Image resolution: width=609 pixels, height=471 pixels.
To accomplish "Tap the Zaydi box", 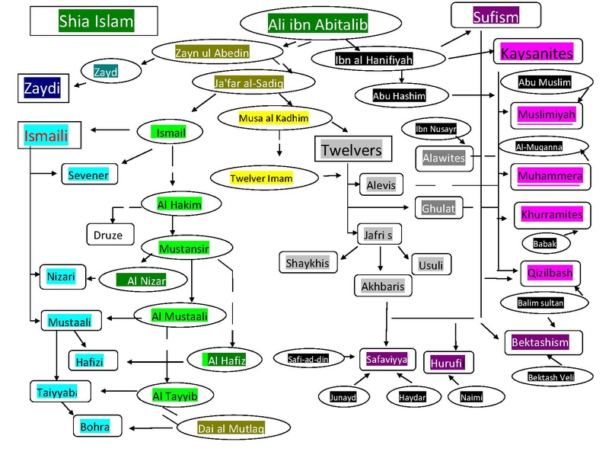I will pos(43,88).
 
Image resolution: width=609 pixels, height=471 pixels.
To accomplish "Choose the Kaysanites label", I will pos(536,53).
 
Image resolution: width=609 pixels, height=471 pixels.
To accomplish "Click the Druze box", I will pos(110,232).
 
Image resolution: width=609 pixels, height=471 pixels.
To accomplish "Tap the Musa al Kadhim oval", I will pos(275,118).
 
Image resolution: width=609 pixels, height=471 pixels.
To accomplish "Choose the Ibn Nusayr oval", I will pos(431,129).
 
